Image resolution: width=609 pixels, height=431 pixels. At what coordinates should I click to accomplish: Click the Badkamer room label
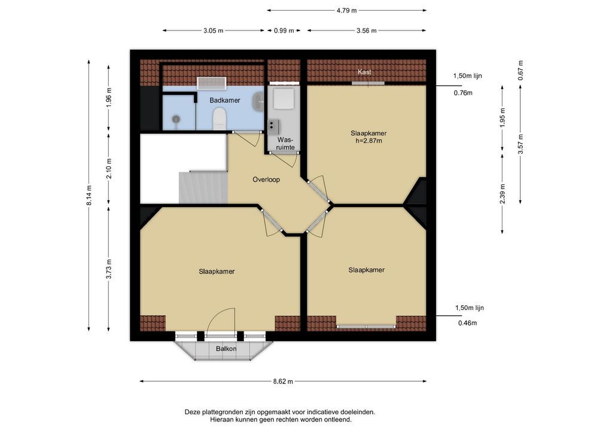click(225, 101)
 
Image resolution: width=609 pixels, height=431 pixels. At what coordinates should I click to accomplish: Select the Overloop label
click(266, 180)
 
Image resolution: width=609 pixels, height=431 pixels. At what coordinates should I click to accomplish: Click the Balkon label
click(226, 348)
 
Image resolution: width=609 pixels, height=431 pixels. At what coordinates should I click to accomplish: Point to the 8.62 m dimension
click(283, 381)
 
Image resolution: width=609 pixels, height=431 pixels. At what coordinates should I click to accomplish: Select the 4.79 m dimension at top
click(346, 11)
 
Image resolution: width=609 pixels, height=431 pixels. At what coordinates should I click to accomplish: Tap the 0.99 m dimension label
click(284, 31)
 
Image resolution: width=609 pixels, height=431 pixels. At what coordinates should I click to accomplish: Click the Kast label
click(364, 72)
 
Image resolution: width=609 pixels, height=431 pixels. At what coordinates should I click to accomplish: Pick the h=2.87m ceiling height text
click(369, 141)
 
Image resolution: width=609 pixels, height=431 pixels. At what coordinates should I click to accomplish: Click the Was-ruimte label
click(285, 144)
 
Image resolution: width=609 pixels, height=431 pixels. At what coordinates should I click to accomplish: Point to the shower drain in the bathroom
click(176, 119)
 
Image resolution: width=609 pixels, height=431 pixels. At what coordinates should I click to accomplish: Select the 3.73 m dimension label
click(109, 269)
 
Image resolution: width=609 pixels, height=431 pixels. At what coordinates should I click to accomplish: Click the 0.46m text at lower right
click(468, 323)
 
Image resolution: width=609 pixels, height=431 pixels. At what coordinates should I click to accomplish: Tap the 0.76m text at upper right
click(463, 93)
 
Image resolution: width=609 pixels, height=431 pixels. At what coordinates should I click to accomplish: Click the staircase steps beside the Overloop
click(203, 187)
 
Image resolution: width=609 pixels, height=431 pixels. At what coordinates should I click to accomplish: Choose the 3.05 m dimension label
click(213, 31)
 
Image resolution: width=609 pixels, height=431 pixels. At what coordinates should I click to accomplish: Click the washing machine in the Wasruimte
click(284, 99)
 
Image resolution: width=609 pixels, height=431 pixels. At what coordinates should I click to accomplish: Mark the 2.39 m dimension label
click(503, 193)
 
